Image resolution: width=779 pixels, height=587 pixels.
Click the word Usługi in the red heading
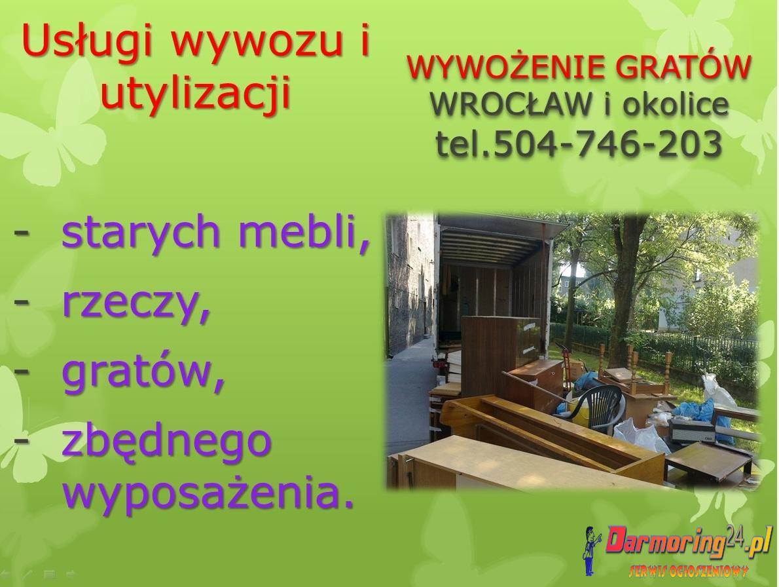(86, 41)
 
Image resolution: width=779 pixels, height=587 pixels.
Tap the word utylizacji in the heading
(196, 93)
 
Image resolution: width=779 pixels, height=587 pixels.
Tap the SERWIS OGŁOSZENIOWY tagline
(689, 571)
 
